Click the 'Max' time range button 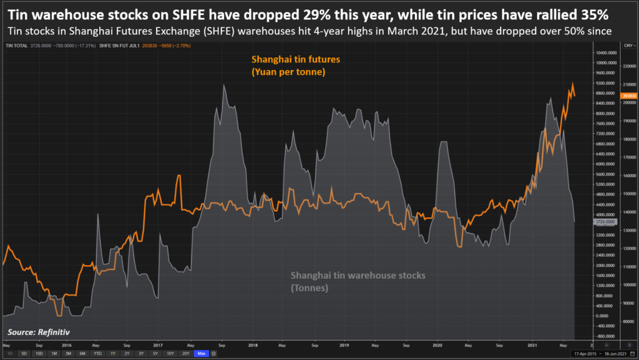(201, 354)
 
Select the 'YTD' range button (97, 354)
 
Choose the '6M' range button (82, 354)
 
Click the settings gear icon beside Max (214, 354)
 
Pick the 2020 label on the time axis (437, 344)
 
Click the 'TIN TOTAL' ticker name (16, 45)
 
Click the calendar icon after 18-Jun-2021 (631, 354)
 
